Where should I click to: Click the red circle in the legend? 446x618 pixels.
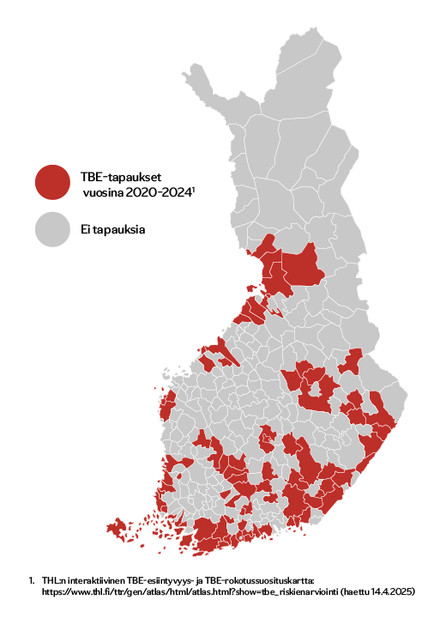(x=53, y=182)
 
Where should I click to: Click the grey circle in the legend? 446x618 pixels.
(x=53, y=229)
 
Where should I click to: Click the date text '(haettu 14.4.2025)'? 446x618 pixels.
(x=377, y=592)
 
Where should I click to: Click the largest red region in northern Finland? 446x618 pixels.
(x=304, y=266)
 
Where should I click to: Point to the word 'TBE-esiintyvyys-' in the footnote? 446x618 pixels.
(x=162, y=581)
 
